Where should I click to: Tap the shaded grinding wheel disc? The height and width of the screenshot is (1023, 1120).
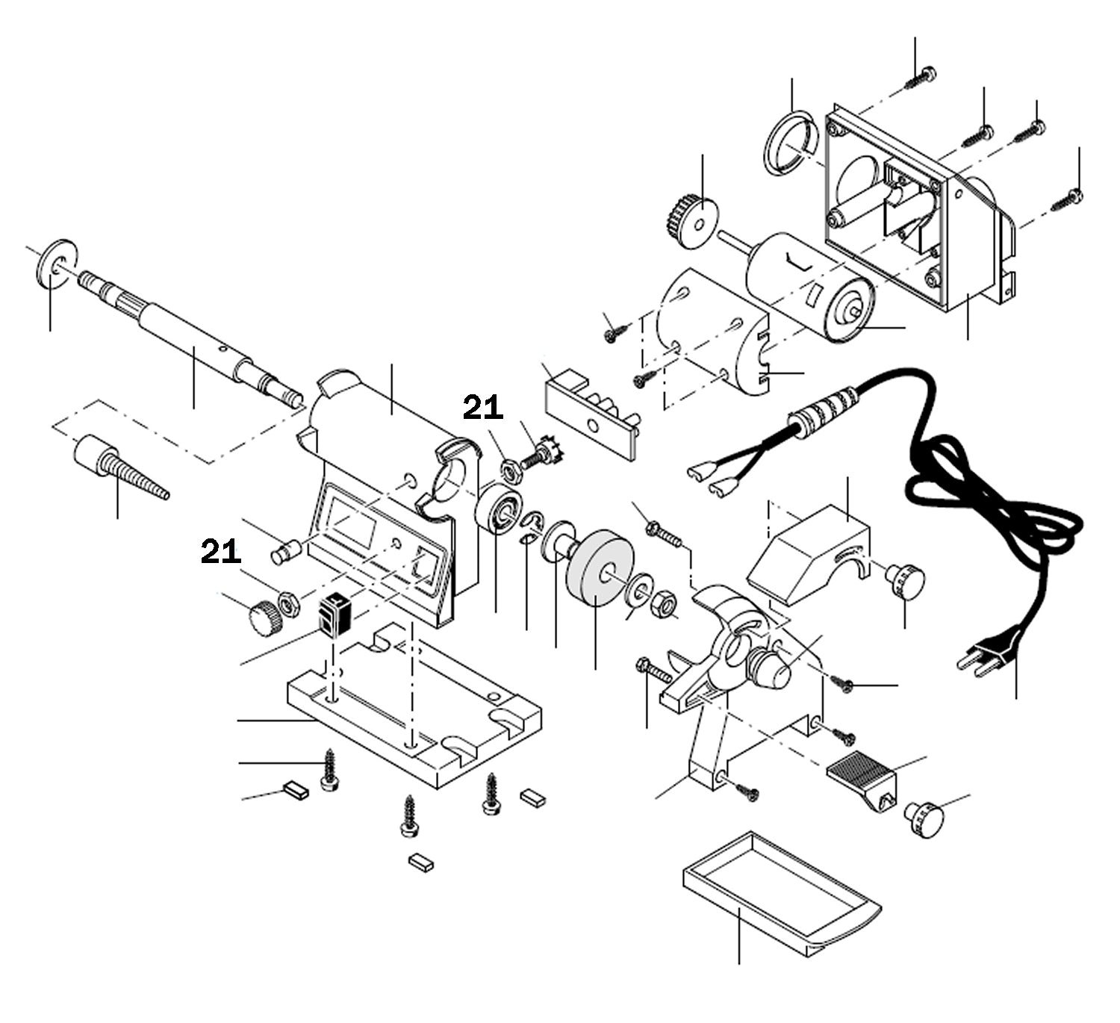(x=598, y=566)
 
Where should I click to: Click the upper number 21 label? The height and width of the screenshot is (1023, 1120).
(x=483, y=408)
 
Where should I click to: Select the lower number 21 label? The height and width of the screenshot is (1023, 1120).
(x=220, y=552)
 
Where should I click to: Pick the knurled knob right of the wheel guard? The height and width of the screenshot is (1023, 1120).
(x=905, y=579)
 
